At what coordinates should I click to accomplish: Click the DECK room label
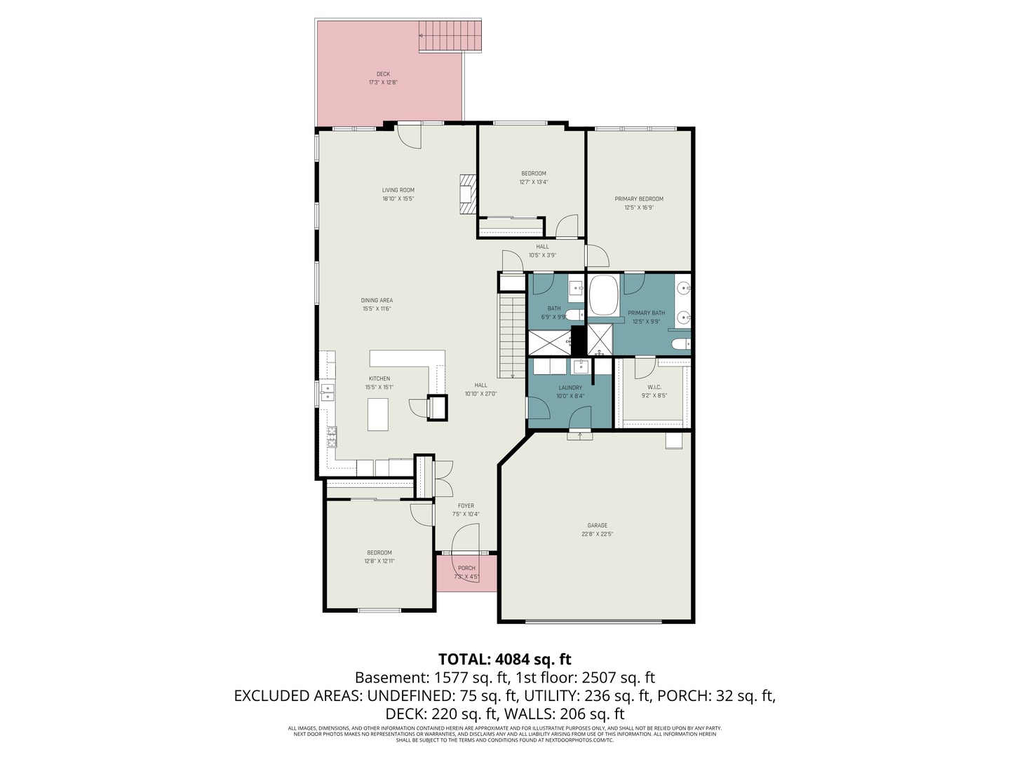(x=383, y=74)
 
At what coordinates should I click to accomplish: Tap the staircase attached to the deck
(x=450, y=36)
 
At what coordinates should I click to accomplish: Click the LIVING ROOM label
(x=398, y=190)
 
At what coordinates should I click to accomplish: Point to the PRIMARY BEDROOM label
(x=639, y=199)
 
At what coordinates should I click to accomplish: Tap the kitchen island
(x=378, y=414)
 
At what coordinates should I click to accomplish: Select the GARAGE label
(x=598, y=526)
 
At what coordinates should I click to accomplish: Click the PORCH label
(x=466, y=568)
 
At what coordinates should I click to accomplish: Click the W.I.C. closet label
(x=654, y=388)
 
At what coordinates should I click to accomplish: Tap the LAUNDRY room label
(x=570, y=388)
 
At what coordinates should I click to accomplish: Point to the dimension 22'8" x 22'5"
(x=598, y=534)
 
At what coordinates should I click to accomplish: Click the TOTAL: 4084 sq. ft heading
(x=504, y=659)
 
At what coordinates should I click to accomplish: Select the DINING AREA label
(x=377, y=301)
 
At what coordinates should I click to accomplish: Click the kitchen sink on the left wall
(x=328, y=391)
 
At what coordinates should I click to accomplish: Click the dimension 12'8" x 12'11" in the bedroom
(x=379, y=561)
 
